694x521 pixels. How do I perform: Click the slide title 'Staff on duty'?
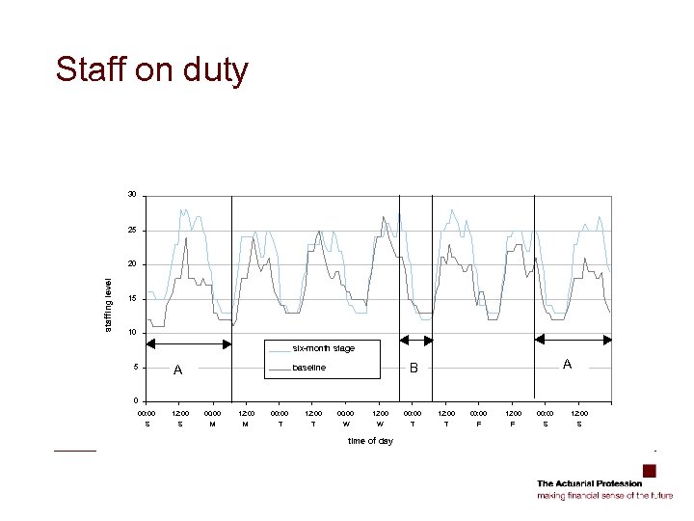click(152, 70)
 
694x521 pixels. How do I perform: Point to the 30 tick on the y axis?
click(132, 196)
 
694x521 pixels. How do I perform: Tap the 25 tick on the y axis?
click(132, 231)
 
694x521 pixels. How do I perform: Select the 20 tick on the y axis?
click(132, 264)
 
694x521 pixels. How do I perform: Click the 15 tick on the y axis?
click(132, 299)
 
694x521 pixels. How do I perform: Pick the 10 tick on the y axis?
click(132, 333)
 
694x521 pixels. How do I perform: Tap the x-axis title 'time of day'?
click(370, 441)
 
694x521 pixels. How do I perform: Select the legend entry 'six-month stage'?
click(324, 348)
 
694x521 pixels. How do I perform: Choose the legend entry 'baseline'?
click(309, 368)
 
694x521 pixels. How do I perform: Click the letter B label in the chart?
click(414, 368)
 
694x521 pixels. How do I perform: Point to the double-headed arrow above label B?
click(417, 340)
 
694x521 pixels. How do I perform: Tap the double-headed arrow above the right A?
click(573, 339)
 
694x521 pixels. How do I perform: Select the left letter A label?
click(177, 370)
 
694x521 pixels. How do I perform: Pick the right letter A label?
click(568, 364)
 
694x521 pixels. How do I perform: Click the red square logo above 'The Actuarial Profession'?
click(649, 471)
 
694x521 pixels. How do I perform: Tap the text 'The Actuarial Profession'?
click(588, 483)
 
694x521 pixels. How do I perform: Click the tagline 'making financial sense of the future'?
click(604, 495)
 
